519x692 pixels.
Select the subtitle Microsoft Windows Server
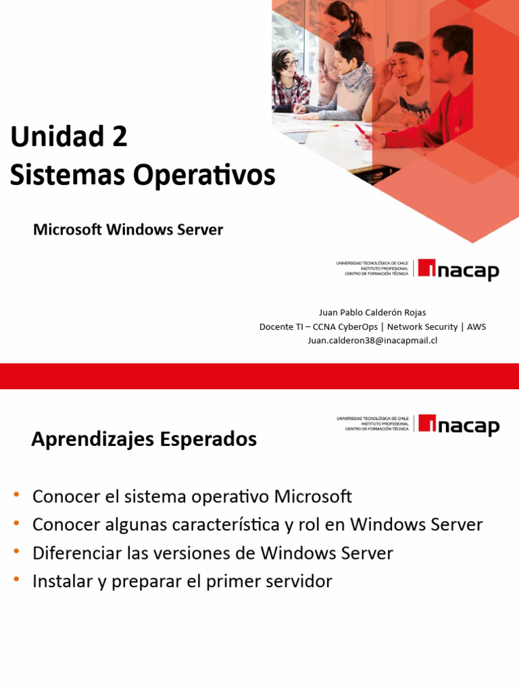point(128,230)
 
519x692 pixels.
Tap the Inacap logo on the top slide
point(458,270)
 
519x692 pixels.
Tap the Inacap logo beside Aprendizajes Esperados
point(458,424)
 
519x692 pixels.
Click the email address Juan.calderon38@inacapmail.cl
point(372,341)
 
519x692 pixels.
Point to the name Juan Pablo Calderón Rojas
point(372,313)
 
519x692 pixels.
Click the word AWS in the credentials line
point(476,327)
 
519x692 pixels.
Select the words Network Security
point(422,327)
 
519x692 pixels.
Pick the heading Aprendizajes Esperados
point(144,440)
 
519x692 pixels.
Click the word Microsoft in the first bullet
point(313,497)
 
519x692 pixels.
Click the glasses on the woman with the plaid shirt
point(289,62)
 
